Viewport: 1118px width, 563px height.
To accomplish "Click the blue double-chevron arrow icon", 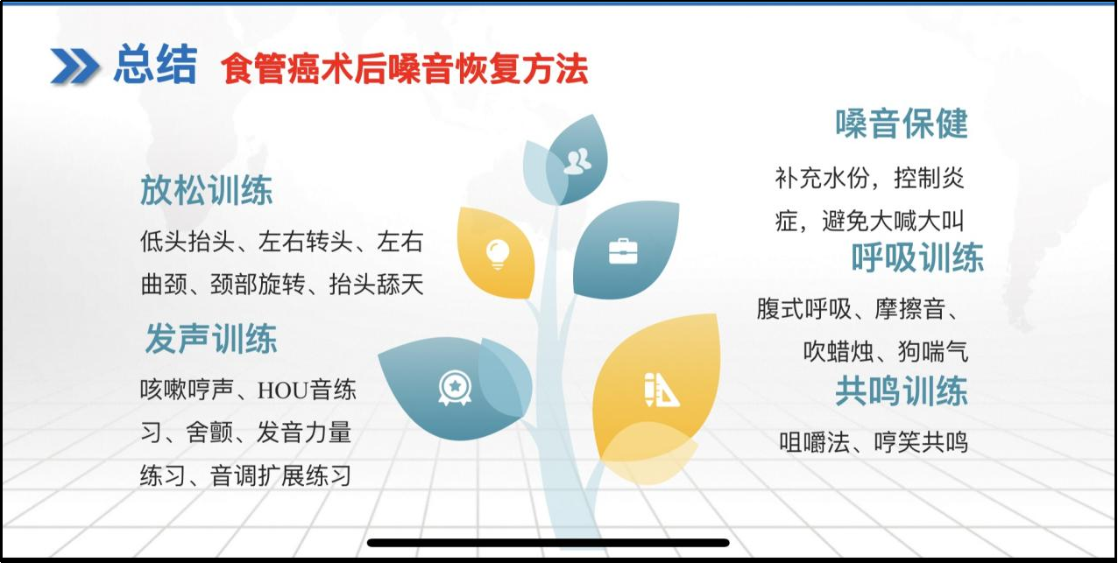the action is click(74, 66).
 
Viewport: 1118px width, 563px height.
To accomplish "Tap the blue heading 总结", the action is click(156, 64).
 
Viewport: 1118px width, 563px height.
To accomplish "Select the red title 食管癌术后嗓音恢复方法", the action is click(405, 68).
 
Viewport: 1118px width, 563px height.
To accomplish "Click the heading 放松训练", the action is click(207, 190).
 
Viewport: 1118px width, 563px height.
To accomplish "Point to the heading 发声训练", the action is click(211, 338).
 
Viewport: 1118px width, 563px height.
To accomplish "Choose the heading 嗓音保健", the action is click(902, 123).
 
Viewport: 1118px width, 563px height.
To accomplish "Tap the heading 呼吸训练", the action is click(917, 257).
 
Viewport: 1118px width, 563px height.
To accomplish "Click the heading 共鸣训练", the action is click(902, 391).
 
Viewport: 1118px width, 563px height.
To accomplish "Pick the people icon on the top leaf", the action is click(577, 161).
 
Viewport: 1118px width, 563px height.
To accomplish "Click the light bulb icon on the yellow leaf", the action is click(498, 254).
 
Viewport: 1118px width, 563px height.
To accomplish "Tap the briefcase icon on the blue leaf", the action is click(623, 251).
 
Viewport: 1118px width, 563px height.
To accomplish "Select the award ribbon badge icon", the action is click(455, 388).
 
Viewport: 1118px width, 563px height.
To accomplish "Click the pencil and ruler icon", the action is click(661, 390).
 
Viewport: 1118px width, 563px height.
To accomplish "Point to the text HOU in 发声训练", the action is click(282, 390).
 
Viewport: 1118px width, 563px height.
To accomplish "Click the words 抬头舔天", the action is click(377, 285).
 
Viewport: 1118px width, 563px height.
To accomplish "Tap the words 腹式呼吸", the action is click(804, 309).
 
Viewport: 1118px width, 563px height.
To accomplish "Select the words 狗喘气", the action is click(933, 352).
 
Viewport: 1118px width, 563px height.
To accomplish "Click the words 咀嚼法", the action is click(815, 442).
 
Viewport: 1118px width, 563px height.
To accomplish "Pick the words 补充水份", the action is click(822, 178).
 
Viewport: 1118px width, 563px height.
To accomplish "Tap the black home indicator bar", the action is click(548, 543).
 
